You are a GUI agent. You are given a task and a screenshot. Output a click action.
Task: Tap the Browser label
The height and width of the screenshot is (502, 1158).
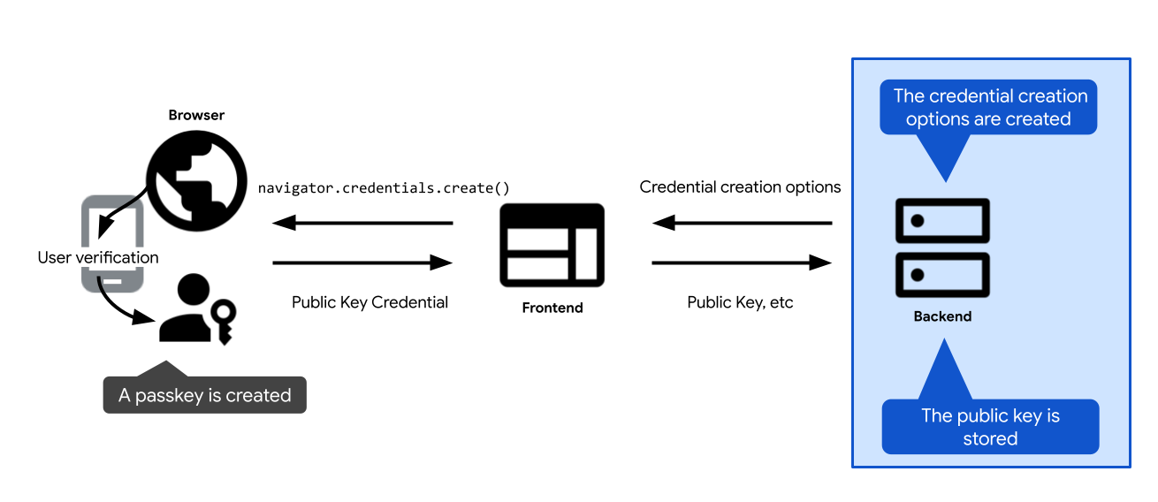point(196,115)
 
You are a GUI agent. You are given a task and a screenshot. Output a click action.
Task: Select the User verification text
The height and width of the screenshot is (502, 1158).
point(98,258)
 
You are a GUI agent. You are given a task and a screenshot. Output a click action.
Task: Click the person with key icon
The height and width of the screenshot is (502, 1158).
point(196,309)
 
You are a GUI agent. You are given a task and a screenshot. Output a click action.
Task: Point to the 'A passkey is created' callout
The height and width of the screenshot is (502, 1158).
point(204,395)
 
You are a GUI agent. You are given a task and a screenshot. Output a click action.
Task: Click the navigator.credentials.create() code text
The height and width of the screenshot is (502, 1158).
point(383,188)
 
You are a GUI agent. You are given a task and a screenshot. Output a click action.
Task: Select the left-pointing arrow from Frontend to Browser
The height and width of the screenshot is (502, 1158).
point(362,223)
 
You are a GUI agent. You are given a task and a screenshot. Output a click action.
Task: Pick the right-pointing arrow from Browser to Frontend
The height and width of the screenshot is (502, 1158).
point(362,262)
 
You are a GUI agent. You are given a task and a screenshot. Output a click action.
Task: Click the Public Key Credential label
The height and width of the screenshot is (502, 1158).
point(369,302)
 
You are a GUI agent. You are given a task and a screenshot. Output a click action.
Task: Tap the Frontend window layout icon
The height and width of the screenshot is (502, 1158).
point(552,245)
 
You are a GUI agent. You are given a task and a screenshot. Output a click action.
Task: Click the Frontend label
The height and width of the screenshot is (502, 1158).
point(552,308)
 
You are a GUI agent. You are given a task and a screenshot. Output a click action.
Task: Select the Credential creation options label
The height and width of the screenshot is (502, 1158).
point(740,187)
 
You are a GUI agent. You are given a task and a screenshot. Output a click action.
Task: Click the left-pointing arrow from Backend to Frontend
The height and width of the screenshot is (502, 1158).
point(742,223)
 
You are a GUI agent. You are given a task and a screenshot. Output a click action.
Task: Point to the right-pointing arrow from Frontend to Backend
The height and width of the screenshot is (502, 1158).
point(742,262)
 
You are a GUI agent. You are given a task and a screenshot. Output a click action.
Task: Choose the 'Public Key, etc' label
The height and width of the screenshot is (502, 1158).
point(740,302)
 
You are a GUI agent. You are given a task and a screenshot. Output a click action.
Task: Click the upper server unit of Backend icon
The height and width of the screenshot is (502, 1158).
point(942,221)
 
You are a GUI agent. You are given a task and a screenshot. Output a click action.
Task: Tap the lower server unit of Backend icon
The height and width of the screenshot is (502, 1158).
point(942,275)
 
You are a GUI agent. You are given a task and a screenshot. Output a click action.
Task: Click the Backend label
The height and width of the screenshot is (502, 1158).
point(942,316)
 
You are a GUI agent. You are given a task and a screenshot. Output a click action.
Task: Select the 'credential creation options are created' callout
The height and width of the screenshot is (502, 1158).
point(988,108)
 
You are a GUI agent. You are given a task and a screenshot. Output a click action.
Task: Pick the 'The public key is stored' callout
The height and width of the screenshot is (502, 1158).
point(990,427)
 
